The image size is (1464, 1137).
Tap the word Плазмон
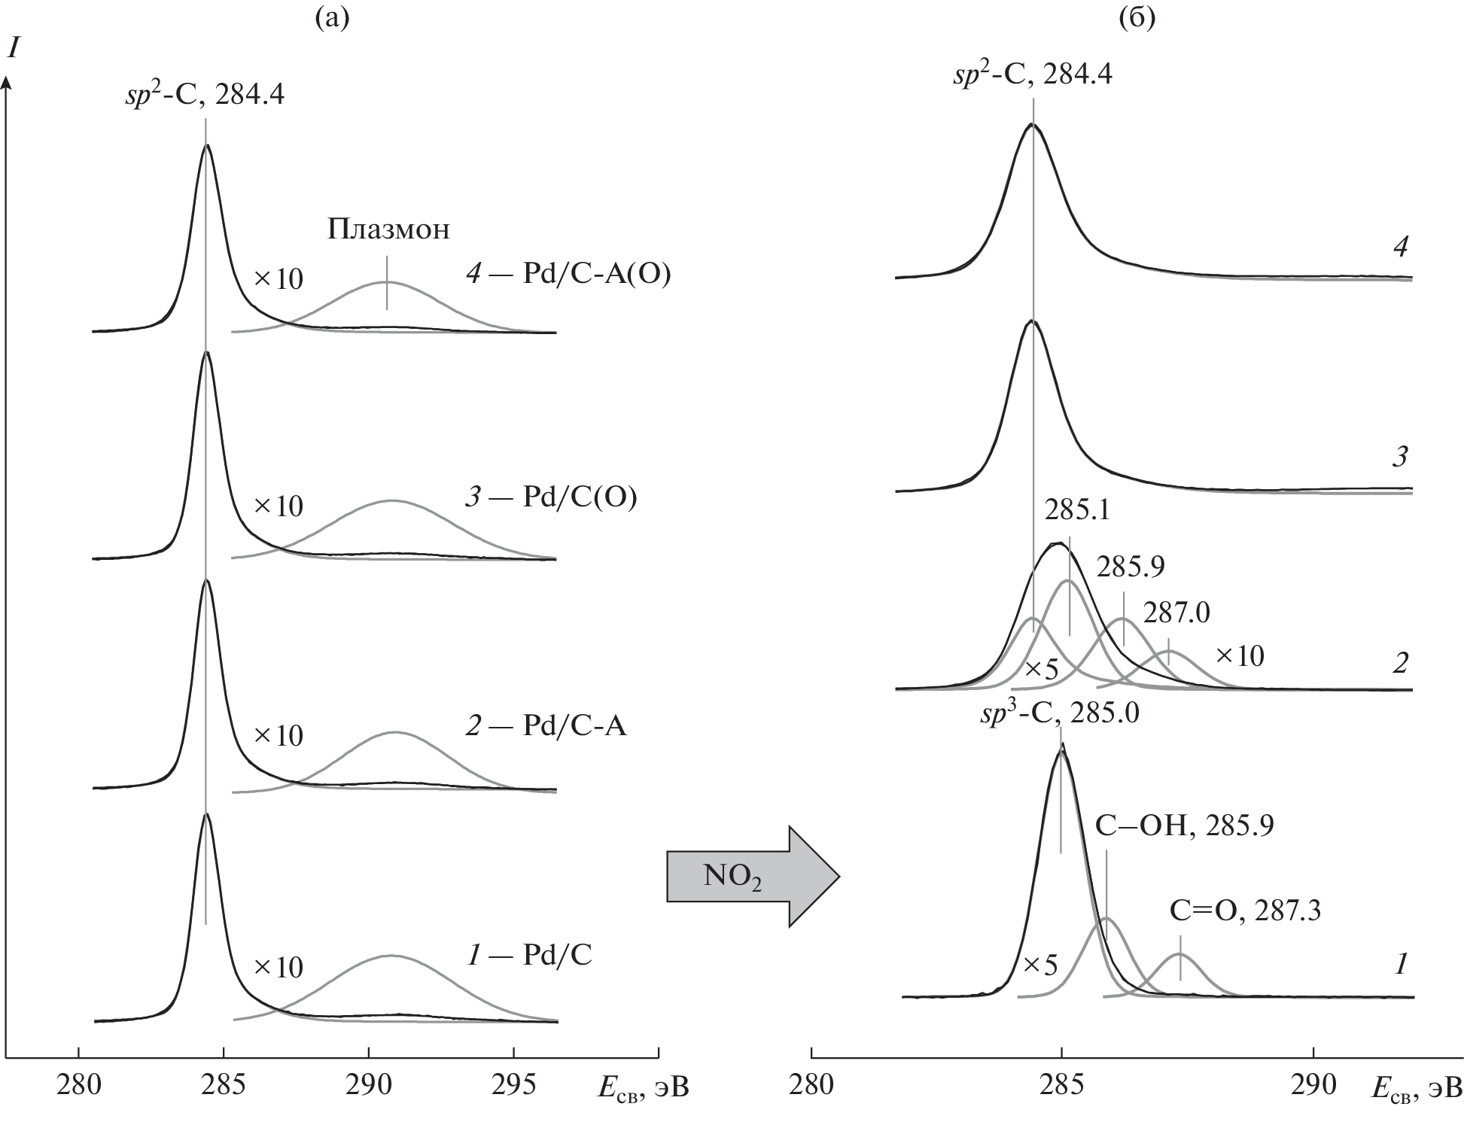tap(388, 229)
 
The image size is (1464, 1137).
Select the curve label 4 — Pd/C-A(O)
tap(568, 274)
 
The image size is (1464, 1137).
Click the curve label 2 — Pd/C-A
tap(546, 726)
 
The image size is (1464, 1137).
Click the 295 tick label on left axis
tap(513, 1084)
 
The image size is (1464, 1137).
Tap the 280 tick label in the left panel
tap(78, 1084)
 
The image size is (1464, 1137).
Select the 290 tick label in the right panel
tap(1313, 1084)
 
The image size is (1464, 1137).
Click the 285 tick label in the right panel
tap(1062, 1084)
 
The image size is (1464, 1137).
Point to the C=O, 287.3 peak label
tap(1245, 911)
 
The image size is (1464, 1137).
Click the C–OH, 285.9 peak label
tap(1184, 825)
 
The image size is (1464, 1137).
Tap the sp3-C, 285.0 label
tap(1059, 712)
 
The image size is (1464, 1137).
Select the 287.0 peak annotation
tap(1176, 613)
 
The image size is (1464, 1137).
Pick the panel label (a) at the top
tap(332, 17)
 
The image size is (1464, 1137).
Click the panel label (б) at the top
tap(1137, 17)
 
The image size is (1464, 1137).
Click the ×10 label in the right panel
tap(1240, 656)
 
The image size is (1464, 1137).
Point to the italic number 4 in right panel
tap(1400, 246)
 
